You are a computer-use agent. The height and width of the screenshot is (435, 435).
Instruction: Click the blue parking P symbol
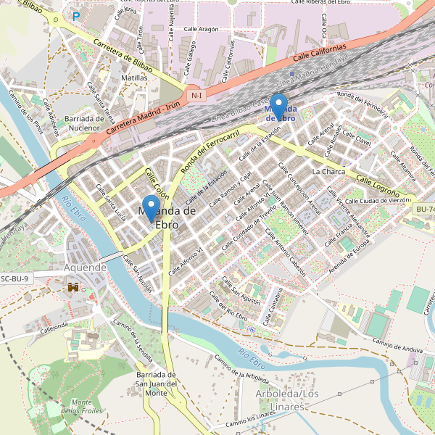[76, 16]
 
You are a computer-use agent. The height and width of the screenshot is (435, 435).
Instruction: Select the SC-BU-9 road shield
[14, 278]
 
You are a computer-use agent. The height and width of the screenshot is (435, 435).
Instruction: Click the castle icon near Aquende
[73, 288]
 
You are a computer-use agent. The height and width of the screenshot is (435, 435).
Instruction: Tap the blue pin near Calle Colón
[151, 208]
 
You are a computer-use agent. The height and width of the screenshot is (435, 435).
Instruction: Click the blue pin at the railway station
[279, 107]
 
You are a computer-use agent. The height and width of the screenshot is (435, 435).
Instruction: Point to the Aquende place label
[86, 267]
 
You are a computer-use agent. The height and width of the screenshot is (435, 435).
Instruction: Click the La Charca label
[328, 172]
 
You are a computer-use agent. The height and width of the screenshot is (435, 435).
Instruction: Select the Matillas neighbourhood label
[135, 78]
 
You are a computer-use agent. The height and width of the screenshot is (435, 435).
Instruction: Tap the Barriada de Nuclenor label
[85, 123]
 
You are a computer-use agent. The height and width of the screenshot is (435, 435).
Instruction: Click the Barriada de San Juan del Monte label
[157, 384]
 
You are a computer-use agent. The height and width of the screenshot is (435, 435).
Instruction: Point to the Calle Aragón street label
[201, 29]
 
